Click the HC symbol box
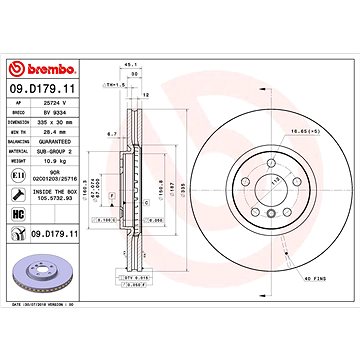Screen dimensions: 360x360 [x=17, y=214]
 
